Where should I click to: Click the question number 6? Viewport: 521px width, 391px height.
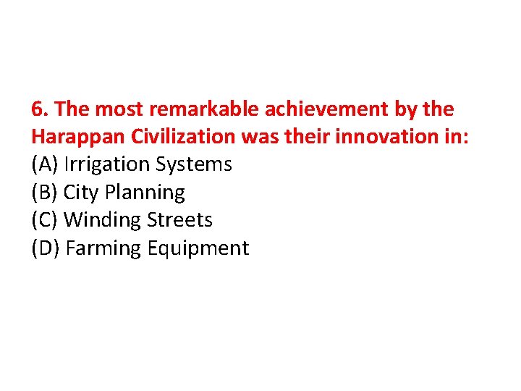point(40,109)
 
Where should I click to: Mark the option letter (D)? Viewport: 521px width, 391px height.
point(46,248)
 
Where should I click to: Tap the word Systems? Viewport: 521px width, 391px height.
point(193,164)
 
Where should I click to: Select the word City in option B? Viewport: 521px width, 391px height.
point(81,193)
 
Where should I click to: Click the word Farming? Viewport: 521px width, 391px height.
point(104,248)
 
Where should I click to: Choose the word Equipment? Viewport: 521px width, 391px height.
point(198,248)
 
